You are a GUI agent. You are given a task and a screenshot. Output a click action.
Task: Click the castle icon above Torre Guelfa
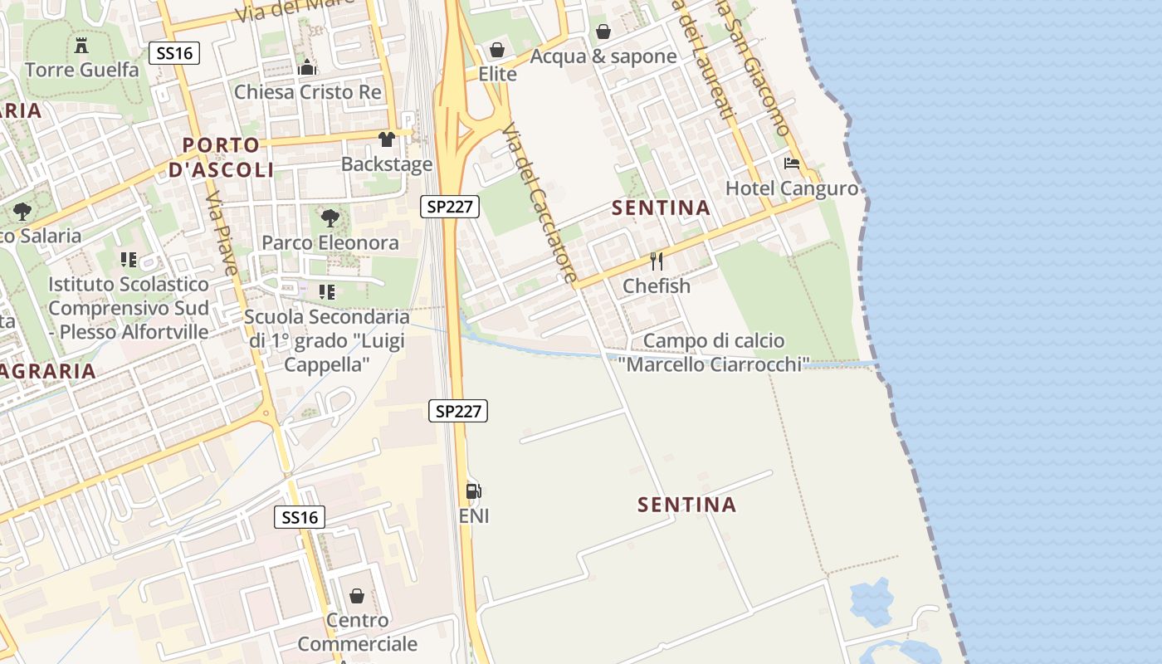click(81, 45)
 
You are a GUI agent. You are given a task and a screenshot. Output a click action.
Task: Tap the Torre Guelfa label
click(82, 70)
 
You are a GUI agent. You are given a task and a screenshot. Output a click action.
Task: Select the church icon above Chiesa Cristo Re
click(307, 67)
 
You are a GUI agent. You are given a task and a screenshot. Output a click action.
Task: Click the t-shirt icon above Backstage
click(387, 139)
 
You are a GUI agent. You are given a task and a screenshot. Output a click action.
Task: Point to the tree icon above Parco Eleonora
click(330, 218)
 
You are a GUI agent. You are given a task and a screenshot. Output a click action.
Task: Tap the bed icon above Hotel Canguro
click(792, 164)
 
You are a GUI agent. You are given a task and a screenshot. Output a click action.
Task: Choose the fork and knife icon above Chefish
click(657, 261)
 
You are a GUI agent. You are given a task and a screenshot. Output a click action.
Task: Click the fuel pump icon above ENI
click(474, 491)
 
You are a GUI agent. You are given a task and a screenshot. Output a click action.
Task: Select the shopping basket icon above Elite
click(497, 50)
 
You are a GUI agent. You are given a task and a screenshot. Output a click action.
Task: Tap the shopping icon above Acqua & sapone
click(603, 32)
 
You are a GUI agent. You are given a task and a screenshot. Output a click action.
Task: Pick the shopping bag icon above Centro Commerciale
click(357, 596)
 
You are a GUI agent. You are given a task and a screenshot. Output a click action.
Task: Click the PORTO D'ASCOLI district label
click(221, 158)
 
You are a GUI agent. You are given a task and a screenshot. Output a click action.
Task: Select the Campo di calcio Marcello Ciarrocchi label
click(714, 352)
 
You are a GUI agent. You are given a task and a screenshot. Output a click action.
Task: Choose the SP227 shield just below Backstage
click(450, 207)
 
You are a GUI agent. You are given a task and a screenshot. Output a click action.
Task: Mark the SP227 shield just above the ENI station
click(458, 410)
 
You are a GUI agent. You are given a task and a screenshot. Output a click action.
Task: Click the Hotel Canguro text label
click(792, 188)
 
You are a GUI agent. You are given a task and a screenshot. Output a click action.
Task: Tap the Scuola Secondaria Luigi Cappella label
click(326, 340)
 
